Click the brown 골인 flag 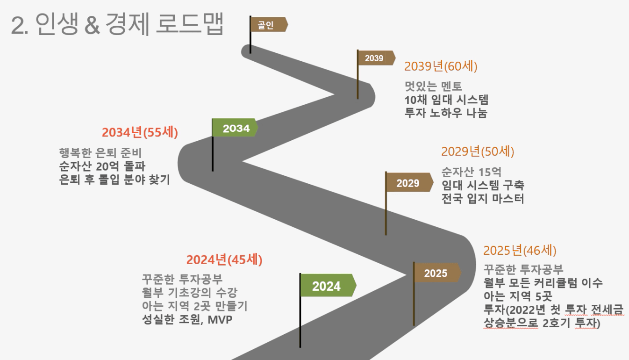[x=269, y=24]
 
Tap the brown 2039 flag [x=376, y=58]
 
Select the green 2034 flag [x=235, y=128]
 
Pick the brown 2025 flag [x=437, y=273]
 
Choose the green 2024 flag [x=328, y=285]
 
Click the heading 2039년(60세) [x=441, y=66]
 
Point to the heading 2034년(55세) [x=140, y=132]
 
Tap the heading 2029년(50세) [x=478, y=152]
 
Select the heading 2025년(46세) [x=520, y=251]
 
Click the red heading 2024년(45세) [x=224, y=259]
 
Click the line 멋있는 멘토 [x=433, y=86]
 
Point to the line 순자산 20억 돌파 [x=102, y=166]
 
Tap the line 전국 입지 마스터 [x=483, y=198]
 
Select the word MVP [x=220, y=319]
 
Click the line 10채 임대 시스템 [x=446, y=100]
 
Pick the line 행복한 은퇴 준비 [x=100, y=153]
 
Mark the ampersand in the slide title [x=92, y=25]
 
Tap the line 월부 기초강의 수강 [x=190, y=293]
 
